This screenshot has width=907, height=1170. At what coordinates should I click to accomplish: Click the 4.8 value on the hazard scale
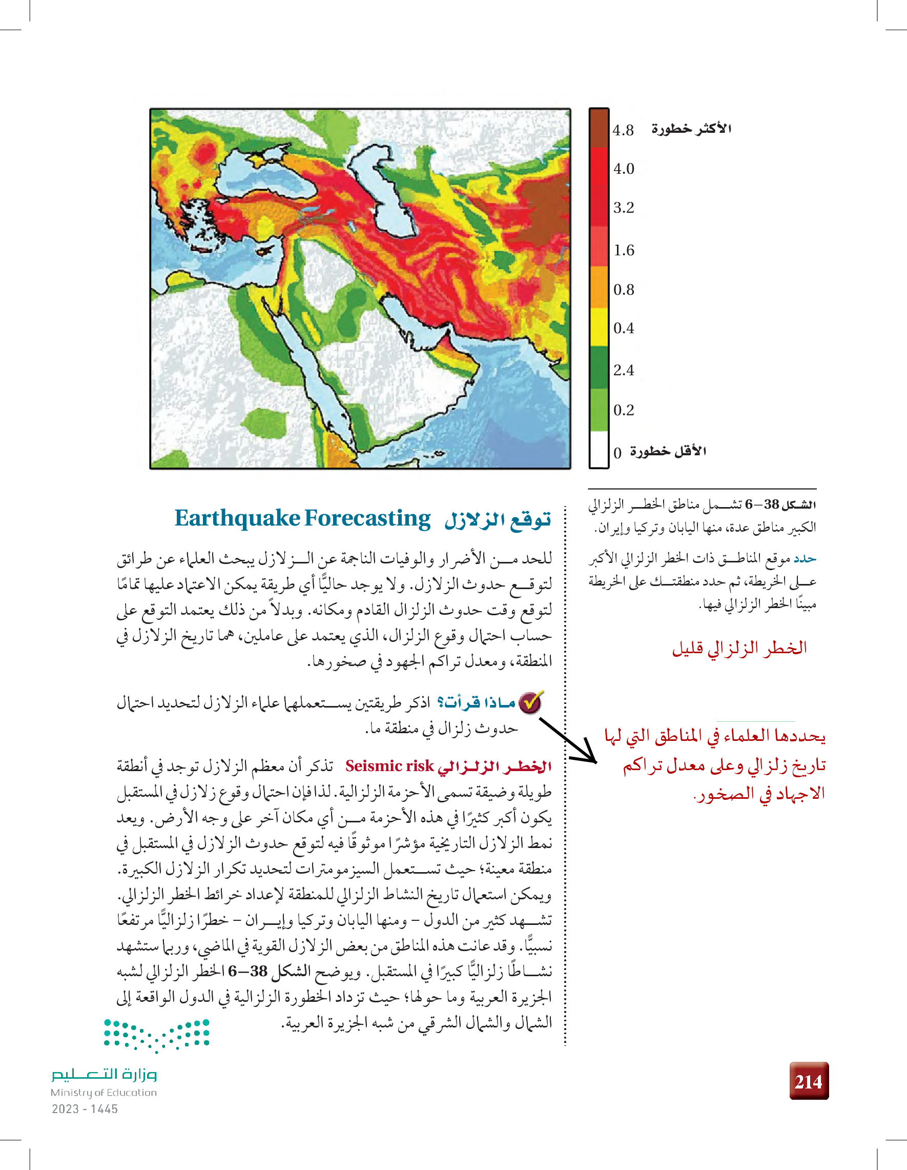click(x=623, y=130)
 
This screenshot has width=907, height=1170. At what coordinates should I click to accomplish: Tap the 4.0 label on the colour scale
click(x=624, y=169)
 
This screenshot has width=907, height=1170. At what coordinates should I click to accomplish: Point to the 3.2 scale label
click(x=624, y=207)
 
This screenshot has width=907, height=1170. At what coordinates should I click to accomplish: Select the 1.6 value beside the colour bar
click(x=624, y=250)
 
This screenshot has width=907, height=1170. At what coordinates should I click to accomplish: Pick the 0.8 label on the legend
click(x=624, y=290)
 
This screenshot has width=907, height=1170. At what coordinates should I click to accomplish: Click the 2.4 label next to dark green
click(x=624, y=370)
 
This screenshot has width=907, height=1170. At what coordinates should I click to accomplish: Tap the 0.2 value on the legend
click(x=624, y=410)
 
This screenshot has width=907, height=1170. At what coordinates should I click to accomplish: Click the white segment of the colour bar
click(x=599, y=450)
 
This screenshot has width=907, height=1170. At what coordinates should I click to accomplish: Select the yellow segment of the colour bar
click(x=599, y=327)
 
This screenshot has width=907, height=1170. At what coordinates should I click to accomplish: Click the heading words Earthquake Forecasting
click(x=302, y=518)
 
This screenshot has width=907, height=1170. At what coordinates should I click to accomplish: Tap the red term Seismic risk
click(x=389, y=766)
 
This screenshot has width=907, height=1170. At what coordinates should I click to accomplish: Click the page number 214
click(x=809, y=1082)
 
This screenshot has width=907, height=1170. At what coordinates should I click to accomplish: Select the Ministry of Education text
click(x=104, y=1092)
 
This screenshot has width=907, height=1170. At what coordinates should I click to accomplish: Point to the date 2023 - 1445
click(x=85, y=1109)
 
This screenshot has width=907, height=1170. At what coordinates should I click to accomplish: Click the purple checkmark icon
click(x=530, y=702)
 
